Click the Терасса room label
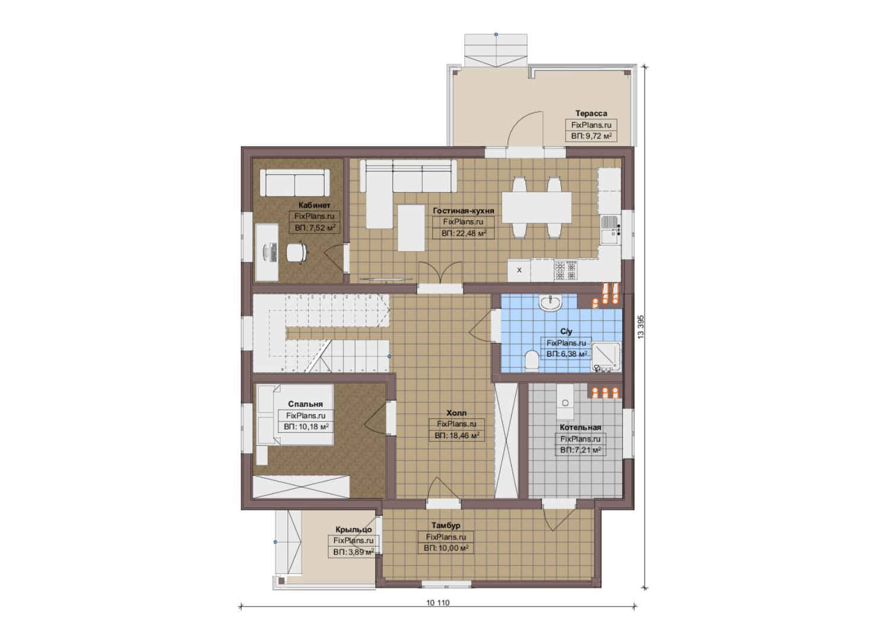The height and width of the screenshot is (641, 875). click(591, 113)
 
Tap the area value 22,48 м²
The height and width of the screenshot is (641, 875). click(464, 233)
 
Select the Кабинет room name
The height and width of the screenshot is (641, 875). click(315, 205)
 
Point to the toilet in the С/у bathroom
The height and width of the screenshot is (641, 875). click(531, 359)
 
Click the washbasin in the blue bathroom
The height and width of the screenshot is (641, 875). click(550, 303)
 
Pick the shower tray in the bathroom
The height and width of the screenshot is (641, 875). click(606, 356)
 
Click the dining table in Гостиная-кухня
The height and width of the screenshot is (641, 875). click(537, 207)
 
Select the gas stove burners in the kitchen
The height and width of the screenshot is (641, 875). click(566, 270)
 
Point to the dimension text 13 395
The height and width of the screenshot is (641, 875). click(641, 326)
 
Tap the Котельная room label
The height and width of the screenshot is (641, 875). click(581, 427)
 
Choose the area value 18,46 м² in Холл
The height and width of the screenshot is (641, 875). click(457, 435)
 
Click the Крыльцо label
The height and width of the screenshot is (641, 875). click(354, 529)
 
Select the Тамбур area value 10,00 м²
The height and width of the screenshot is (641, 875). click(446, 548)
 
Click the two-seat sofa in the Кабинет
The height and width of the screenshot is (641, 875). click(295, 182)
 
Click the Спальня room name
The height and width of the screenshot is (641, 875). click(306, 404)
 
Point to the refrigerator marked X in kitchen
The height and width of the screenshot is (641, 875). click(519, 270)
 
